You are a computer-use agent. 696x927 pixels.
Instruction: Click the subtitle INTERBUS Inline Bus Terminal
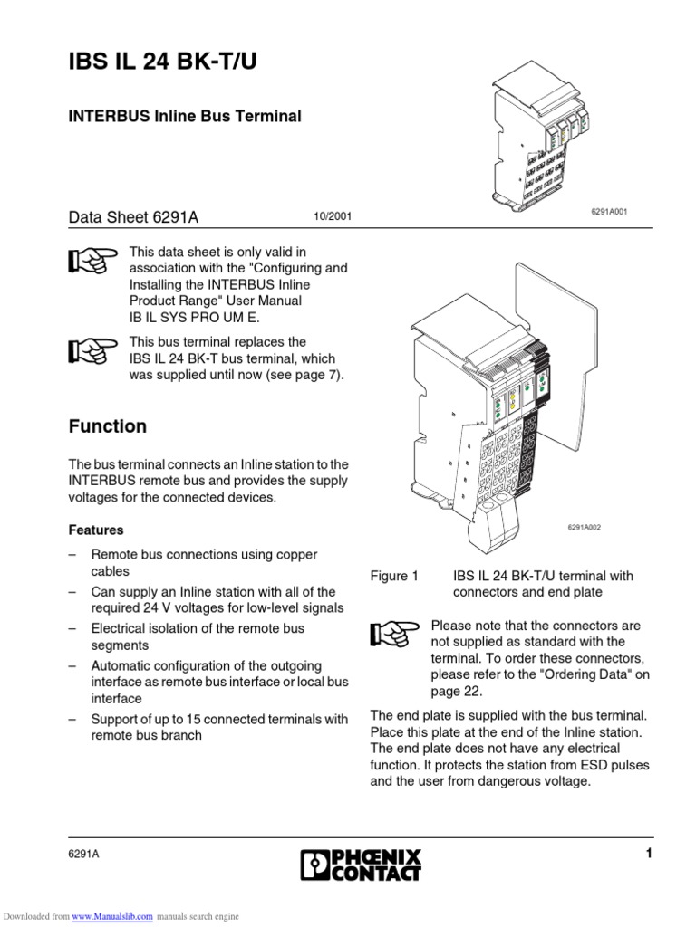185,116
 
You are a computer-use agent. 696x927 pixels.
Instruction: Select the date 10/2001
332,218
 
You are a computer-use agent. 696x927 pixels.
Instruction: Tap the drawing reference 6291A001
609,211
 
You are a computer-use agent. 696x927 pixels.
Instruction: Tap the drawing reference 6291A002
585,528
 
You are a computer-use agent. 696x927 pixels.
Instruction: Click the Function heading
108,426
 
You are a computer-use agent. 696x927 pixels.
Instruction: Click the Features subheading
96,530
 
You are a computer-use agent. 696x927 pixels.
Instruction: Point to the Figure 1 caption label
395,576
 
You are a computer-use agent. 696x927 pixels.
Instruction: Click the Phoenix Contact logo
360,864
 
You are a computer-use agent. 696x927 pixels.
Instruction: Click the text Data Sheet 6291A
133,217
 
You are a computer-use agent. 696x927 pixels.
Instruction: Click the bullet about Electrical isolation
198,636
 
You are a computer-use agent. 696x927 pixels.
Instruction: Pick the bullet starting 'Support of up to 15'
219,727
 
